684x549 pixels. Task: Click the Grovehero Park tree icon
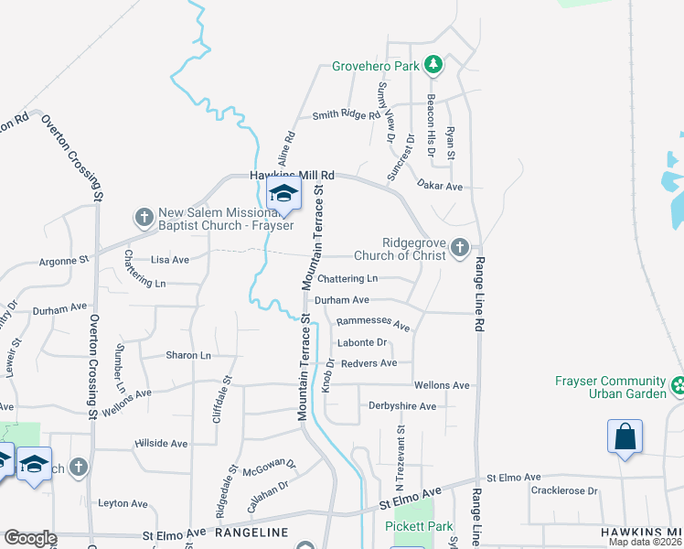click(434, 65)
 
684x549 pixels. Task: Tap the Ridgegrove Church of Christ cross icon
click(462, 248)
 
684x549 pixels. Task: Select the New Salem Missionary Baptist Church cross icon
click(144, 217)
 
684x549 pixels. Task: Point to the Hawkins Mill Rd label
click(294, 175)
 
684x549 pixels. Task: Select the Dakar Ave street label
click(441, 186)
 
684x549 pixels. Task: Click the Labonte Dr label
click(362, 343)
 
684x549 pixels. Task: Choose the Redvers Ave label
click(369, 363)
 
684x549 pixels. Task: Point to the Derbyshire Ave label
click(401, 406)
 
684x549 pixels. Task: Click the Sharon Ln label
click(188, 355)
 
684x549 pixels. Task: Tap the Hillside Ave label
click(160, 444)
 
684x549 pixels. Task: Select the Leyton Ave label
click(123, 503)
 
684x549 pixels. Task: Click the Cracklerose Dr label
click(563, 491)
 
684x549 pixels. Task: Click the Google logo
click(30, 538)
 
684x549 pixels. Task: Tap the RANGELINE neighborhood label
click(251, 533)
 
